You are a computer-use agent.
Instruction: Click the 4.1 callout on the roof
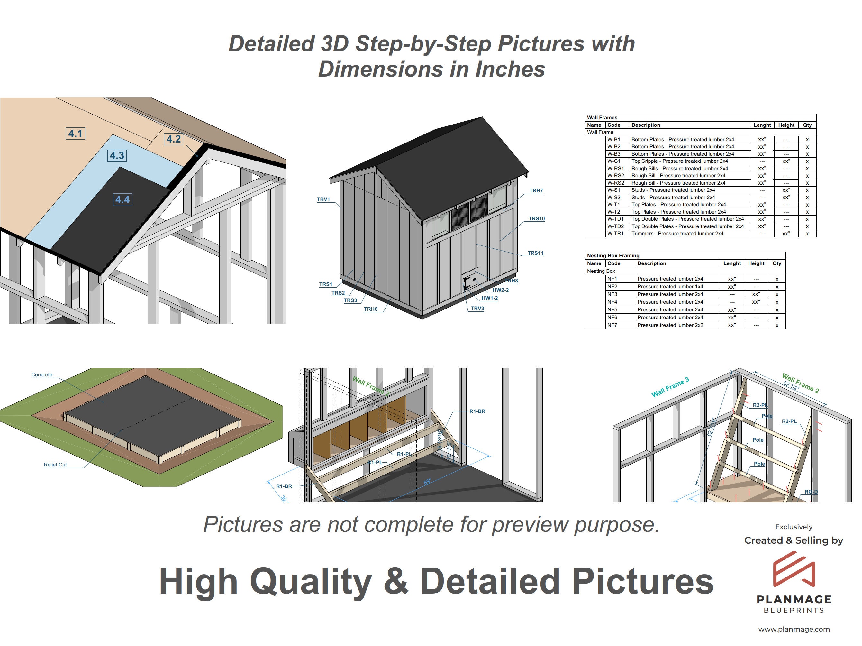tap(75, 133)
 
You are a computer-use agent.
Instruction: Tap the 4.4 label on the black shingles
tap(122, 199)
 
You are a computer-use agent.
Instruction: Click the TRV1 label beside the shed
tap(323, 199)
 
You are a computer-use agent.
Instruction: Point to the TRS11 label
tap(535, 253)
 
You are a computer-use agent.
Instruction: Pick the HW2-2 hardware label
tap(500, 290)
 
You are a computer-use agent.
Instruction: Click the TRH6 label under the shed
tap(371, 309)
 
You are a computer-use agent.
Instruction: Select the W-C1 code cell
tap(613, 161)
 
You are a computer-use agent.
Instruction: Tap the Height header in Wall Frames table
tap(786, 125)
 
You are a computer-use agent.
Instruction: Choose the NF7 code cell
tap(612, 325)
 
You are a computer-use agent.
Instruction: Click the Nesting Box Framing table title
tap(613, 256)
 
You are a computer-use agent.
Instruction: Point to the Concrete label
tap(42, 375)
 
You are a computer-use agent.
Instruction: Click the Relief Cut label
tap(55, 465)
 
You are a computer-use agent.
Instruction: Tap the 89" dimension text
tap(427, 482)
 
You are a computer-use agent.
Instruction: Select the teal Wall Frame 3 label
tap(670, 387)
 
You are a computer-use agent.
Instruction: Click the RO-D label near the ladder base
tap(811, 492)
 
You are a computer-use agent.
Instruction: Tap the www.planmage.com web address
tap(794, 629)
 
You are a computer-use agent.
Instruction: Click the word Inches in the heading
tap(509, 69)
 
